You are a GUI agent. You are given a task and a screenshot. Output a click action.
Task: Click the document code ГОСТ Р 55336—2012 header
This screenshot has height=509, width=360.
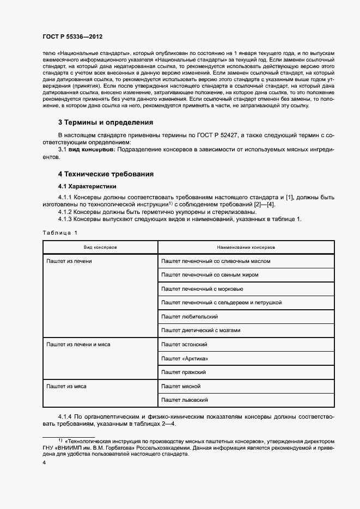pyautogui.click(x=72, y=36)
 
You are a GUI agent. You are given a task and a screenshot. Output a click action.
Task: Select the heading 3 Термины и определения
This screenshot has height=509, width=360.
pyautogui.click(x=106, y=122)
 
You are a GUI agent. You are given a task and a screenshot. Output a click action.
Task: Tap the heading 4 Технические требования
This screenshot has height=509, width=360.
pyautogui.click(x=106, y=174)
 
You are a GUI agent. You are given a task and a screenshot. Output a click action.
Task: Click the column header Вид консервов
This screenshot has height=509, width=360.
pyautogui.click(x=100, y=247)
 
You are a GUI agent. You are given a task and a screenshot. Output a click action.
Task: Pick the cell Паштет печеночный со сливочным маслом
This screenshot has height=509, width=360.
pyautogui.click(x=216, y=261)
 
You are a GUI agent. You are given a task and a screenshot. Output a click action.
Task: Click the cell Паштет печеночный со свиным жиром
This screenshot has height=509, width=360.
pyautogui.click(x=210, y=275)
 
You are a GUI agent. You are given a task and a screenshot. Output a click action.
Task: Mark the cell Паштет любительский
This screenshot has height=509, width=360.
pyautogui.click(x=190, y=316)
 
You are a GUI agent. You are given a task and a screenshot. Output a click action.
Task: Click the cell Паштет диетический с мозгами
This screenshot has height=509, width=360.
pyautogui.click(x=200, y=330)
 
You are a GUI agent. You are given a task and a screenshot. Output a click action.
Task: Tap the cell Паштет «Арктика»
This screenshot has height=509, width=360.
pyautogui.click(x=185, y=358)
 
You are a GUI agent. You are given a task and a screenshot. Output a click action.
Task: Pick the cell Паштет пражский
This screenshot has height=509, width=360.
pyautogui.click(x=184, y=372)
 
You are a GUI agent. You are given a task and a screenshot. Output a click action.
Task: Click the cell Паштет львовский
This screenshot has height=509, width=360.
pyautogui.click(x=185, y=400)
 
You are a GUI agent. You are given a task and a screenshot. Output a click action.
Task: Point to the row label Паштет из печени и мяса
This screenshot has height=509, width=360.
pyautogui.click(x=79, y=345)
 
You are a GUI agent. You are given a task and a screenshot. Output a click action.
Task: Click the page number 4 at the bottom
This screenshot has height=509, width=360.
pyautogui.click(x=44, y=462)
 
